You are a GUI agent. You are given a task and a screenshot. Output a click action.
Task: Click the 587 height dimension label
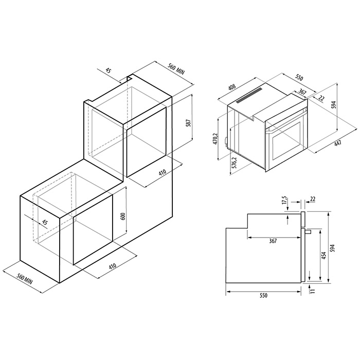[189, 123]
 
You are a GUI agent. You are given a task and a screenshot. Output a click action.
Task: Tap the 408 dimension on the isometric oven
[231, 88]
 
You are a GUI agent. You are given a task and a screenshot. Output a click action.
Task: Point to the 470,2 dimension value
[215, 139]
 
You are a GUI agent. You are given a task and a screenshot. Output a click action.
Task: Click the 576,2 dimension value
[235, 163]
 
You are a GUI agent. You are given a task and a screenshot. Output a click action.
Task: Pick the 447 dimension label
[338, 143]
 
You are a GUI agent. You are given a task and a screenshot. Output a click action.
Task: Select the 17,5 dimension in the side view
[285, 200]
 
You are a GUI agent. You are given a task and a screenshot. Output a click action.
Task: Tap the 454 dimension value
[323, 256]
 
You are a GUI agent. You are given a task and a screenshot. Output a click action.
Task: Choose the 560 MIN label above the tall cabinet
[176, 69]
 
